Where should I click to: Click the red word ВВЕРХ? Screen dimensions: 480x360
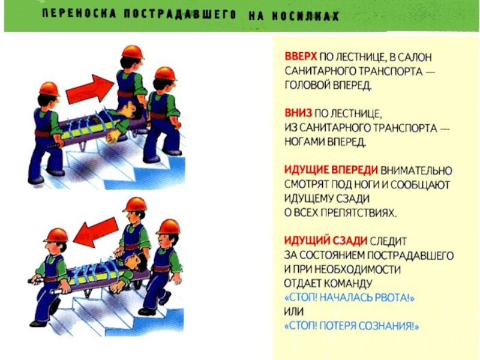301,57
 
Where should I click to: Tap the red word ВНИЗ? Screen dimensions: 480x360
298,113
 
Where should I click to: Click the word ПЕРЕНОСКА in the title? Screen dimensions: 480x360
79,14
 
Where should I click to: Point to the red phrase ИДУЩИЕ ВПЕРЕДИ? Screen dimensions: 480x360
331,170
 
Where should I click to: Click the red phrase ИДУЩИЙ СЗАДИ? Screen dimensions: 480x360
326,241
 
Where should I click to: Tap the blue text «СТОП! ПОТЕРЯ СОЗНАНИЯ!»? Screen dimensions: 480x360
352,326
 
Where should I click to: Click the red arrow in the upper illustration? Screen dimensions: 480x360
90,89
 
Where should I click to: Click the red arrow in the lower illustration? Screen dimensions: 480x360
95,232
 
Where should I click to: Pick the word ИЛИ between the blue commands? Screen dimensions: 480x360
293,312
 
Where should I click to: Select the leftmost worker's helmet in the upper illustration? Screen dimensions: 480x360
49,89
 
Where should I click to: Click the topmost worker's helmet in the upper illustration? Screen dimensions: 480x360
133,52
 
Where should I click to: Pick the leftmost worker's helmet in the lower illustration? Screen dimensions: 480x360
56,235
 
